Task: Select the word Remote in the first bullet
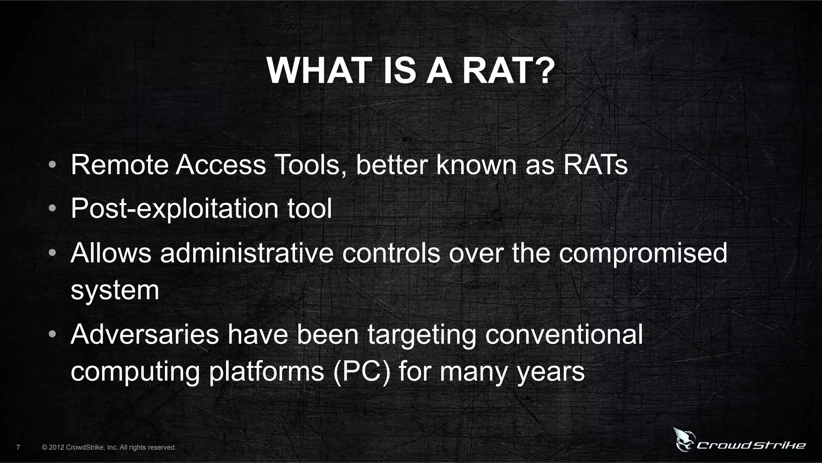[120, 165]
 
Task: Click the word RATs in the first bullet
[596, 165]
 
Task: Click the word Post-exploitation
[175, 209]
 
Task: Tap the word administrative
[247, 253]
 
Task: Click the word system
[115, 291]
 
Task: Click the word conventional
[564, 335]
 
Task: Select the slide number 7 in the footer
[18, 447]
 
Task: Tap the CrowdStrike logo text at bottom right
[751, 445]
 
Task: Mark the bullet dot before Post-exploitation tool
[52, 209]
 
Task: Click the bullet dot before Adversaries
[52, 335]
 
